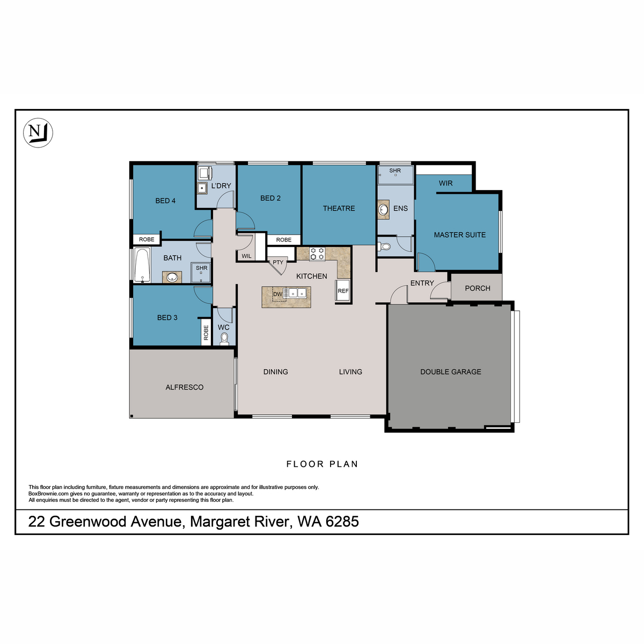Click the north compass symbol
(38, 132)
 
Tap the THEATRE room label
(339, 208)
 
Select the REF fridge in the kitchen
(343, 291)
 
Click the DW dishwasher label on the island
(277, 294)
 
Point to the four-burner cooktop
(317, 253)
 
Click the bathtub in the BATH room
(142, 265)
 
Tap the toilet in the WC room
(224, 339)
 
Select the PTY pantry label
(278, 262)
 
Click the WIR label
(445, 183)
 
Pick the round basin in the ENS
(384, 209)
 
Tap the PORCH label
(477, 288)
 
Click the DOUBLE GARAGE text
(450, 371)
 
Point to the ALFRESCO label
(184, 387)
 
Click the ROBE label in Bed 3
(206, 333)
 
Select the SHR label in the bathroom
(201, 268)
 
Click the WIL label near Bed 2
(246, 256)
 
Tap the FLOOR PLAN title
(322, 464)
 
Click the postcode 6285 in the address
(342, 522)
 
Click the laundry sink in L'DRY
(202, 188)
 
